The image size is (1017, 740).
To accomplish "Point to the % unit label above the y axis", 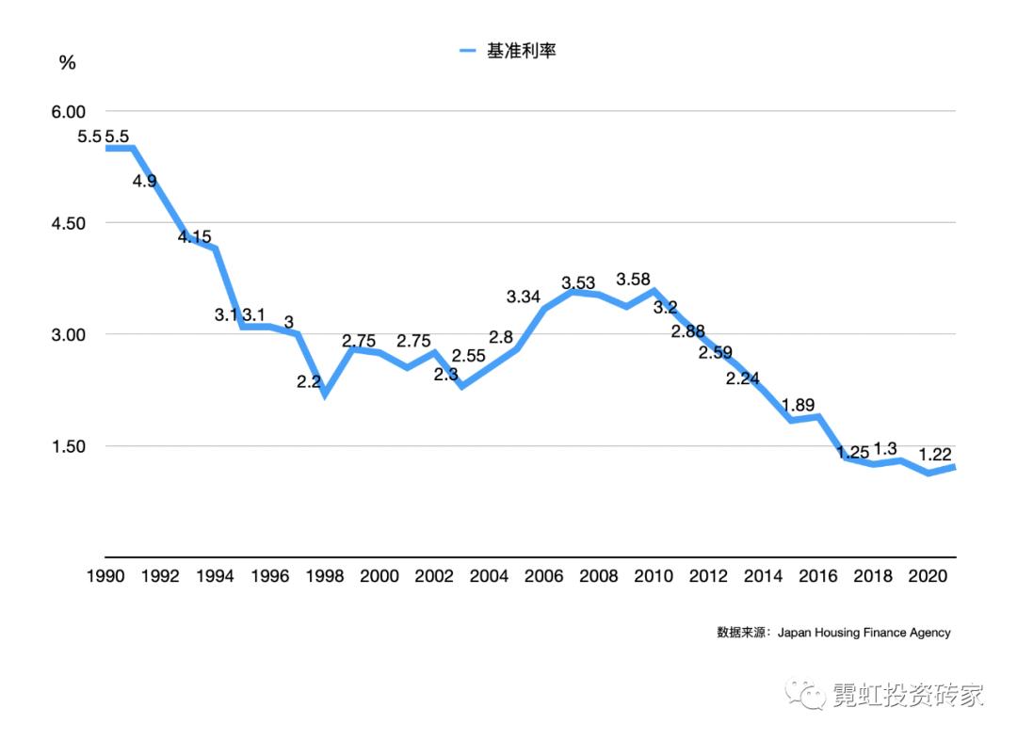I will pyautogui.click(x=67, y=63).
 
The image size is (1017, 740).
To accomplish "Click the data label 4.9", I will pyautogui.click(x=144, y=181).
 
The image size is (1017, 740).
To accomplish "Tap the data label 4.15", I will pyautogui.click(x=195, y=237).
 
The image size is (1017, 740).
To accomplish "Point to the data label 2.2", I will pyautogui.click(x=309, y=382).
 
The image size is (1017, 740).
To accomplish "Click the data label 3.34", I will pyautogui.click(x=524, y=297).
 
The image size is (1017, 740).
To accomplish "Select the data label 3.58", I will pyautogui.click(x=634, y=280).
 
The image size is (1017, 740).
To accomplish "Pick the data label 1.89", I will pyautogui.click(x=799, y=405).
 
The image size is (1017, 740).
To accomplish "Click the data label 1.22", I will pyautogui.click(x=935, y=454).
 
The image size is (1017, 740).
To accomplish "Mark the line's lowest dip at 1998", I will pyautogui.click(x=325, y=394).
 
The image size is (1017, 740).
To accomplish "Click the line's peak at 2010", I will pyautogui.click(x=653, y=291).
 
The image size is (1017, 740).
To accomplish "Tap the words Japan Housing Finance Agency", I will pyautogui.click(x=864, y=633).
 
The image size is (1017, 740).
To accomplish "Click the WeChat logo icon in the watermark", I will pyautogui.click(x=809, y=694).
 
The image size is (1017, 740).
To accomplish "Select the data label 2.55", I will pyautogui.click(x=469, y=356).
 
